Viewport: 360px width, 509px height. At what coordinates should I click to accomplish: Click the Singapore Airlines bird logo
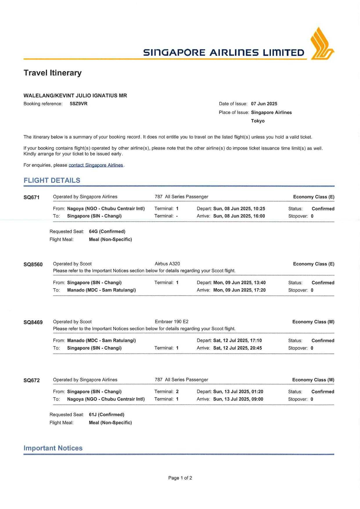pyautogui.click(x=322, y=44)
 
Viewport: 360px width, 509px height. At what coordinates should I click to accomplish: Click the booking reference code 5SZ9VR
pyautogui.click(x=78, y=104)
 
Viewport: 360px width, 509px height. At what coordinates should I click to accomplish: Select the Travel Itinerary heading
pyautogui.click(x=53, y=73)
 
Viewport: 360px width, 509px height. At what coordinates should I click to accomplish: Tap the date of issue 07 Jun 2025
pyautogui.click(x=264, y=104)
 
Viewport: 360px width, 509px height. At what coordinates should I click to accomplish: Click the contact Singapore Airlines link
pyautogui.click(x=96, y=165)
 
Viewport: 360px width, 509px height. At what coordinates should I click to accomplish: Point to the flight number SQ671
pyautogui.click(x=31, y=197)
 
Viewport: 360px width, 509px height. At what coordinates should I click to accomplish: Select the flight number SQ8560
pyautogui.click(x=33, y=264)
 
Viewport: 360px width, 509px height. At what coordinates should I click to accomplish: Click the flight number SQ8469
pyautogui.click(x=33, y=322)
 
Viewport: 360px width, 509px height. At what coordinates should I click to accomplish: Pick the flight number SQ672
pyautogui.click(x=31, y=380)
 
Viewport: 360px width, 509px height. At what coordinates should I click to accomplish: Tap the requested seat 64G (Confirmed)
pyautogui.click(x=107, y=231)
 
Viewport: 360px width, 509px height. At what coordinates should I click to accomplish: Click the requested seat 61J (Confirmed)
pyautogui.click(x=107, y=415)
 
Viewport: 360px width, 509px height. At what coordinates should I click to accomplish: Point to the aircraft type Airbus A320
pyautogui.click(x=167, y=264)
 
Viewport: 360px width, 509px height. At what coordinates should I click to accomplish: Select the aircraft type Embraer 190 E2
pyautogui.click(x=172, y=322)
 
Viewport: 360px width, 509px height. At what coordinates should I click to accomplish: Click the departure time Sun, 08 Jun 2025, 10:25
pyautogui.click(x=239, y=208)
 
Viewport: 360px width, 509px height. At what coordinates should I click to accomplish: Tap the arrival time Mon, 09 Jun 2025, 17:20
pyautogui.click(x=239, y=290)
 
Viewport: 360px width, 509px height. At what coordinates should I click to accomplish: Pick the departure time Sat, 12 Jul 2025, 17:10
pyautogui.click(x=237, y=340)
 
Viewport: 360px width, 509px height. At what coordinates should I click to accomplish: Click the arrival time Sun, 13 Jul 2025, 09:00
pyautogui.click(x=238, y=399)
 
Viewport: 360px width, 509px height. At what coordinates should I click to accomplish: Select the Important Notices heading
pyautogui.click(x=53, y=448)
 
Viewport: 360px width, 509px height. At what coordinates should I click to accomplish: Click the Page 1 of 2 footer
pyautogui.click(x=180, y=478)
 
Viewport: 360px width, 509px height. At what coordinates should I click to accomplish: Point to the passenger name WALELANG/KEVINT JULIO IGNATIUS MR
pyautogui.click(x=75, y=96)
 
